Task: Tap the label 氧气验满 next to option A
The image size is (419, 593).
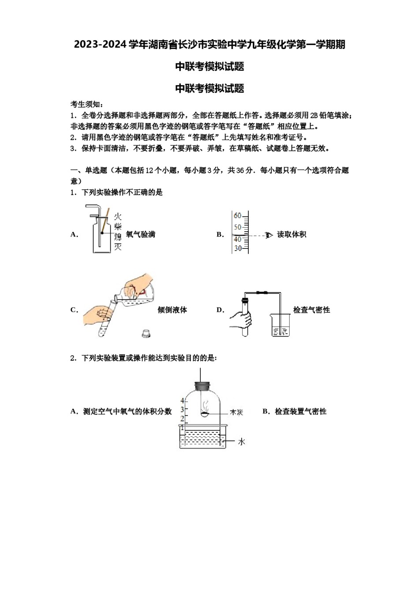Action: coord(140,234)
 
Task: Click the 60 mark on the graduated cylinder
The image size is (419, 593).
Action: coord(238,216)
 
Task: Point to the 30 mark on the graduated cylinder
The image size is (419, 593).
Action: coord(238,248)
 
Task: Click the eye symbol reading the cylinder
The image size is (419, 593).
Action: coord(269,235)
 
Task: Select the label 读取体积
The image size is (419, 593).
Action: coord(291,234)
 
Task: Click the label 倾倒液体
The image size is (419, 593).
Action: coord(172,310)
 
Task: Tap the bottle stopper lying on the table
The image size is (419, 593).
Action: coord(146,334)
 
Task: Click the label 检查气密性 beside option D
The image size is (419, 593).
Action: coord(311,310)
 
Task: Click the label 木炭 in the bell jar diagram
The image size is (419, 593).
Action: coord(236,412)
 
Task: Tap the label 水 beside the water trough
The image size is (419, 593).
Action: coord(241,441)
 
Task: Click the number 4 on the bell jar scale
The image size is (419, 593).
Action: coord(182,401)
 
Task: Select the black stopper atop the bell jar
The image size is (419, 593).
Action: coord(202,386)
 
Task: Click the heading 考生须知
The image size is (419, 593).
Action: coord(87,105)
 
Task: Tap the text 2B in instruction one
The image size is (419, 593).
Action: coord(314,116)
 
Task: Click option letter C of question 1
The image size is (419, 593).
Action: coord(74,310)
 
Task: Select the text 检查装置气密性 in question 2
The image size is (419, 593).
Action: coord(300,411)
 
